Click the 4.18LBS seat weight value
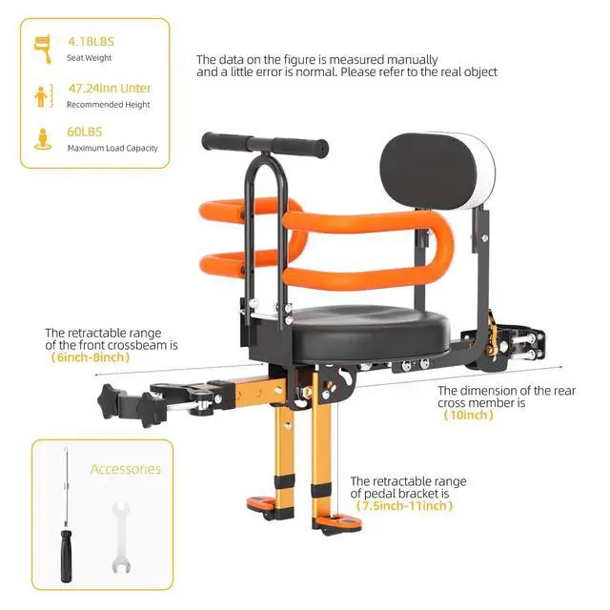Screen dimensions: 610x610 coord(91,42)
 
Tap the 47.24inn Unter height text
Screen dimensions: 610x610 coord(110,89)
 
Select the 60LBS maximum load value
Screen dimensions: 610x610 coord(85,132)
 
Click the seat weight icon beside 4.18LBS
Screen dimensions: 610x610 coord(43,49)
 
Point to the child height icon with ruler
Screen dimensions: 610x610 coord(43,95)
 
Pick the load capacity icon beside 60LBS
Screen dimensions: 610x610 coord(43,139)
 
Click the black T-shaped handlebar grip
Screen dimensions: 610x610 coord(265,144)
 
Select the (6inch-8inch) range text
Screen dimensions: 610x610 coord(91,357)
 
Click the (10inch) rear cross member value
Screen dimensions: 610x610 coord(468,416)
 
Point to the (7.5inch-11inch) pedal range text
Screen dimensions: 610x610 coord(404,506)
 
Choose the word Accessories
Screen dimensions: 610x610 coord(126,469)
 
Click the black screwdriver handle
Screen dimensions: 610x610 coord(66,556)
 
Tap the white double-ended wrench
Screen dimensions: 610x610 coord(121,538)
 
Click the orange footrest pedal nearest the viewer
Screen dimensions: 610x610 coord(337,522)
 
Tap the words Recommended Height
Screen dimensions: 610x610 coord(108,105)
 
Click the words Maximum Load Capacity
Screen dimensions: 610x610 coord(112,149)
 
